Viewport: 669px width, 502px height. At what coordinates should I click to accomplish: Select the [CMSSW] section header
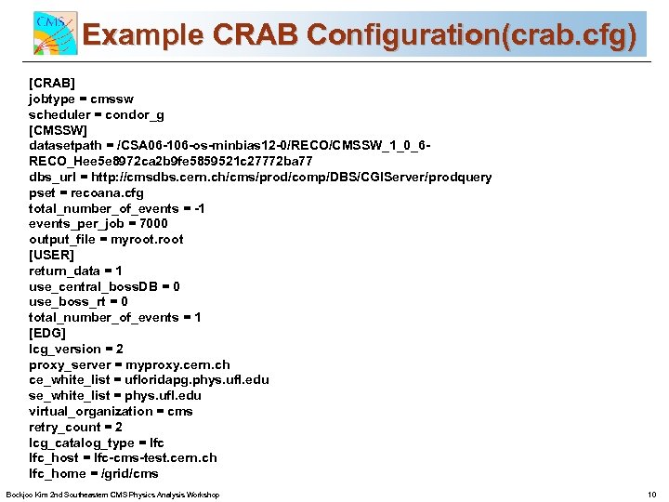coord(59,129)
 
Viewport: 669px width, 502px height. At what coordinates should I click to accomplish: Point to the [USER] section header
coord(51,255)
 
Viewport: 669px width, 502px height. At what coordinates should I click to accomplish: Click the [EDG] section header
coord(47,333)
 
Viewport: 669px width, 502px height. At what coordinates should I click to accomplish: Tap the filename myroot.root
coord(146,239)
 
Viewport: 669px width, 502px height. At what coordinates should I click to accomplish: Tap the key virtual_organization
coord(88,411)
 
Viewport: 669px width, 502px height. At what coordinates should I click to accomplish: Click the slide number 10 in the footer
coord(651,495)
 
